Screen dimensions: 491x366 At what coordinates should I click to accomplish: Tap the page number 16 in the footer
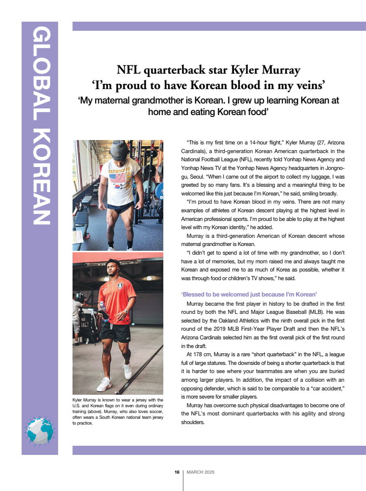click(177, 472)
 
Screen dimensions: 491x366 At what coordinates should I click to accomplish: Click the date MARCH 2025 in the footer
click(200, 472)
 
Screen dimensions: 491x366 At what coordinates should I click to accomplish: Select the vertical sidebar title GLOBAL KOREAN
click(40, 125)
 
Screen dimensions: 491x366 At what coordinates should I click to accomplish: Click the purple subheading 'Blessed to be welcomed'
click(249, 294)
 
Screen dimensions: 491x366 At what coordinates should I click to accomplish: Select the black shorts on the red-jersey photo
click(115, 331)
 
